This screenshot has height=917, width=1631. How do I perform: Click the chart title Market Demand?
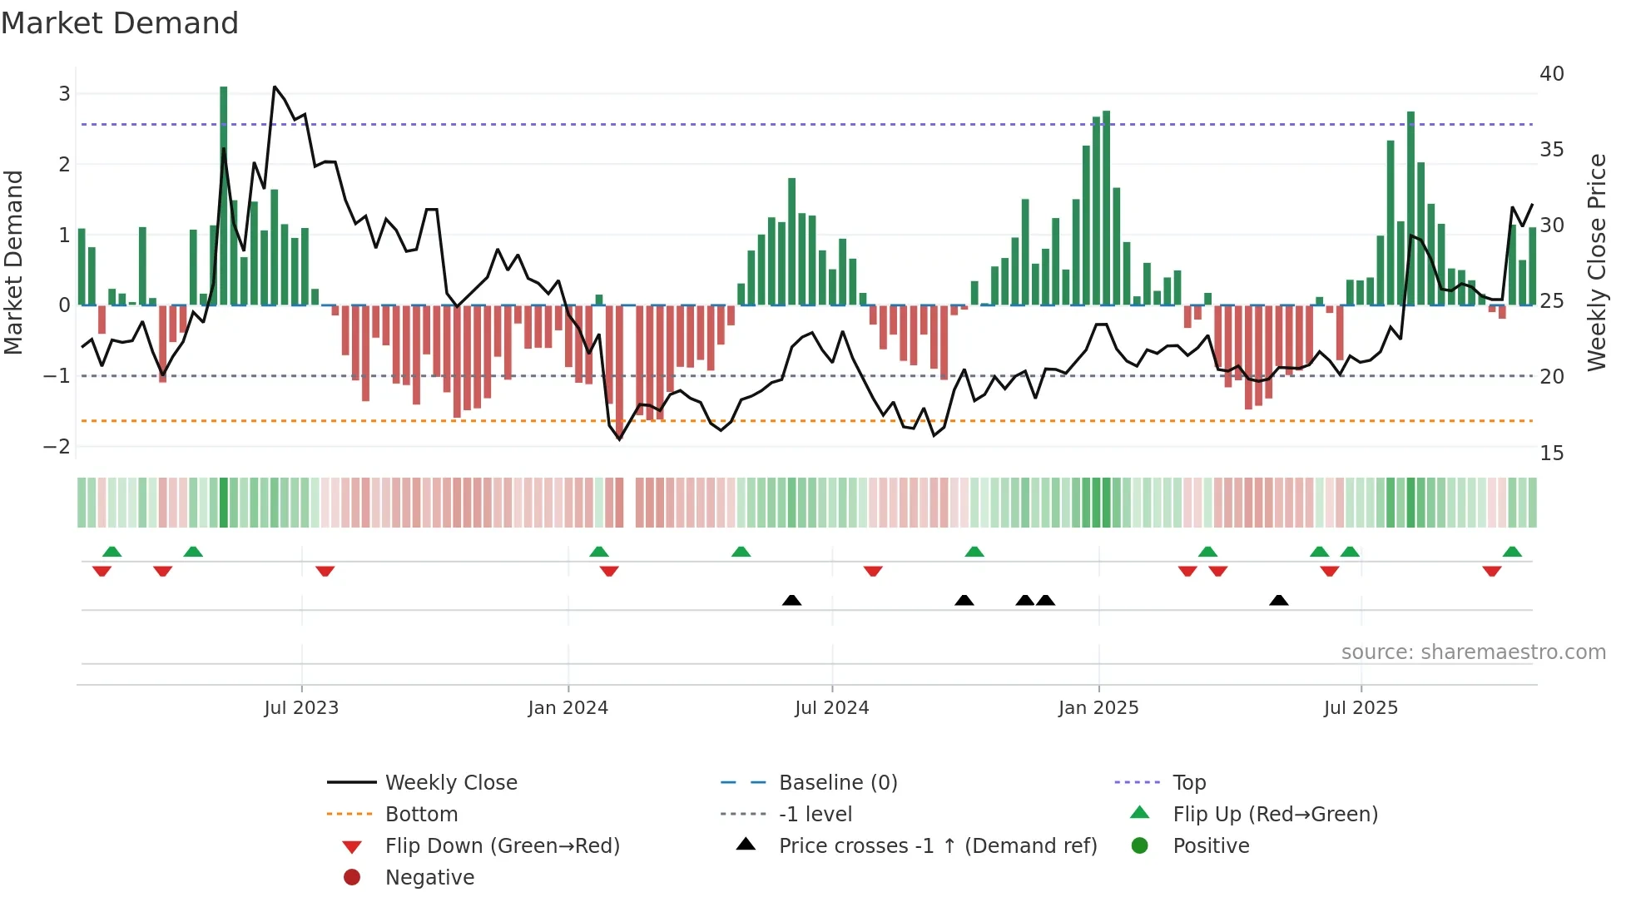[x=120, y=23]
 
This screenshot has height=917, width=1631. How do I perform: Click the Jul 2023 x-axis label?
[x=301, y=708]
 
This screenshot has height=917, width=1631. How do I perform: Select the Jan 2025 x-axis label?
[x=1098, y=708]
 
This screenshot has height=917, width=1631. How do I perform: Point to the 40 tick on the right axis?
[x=1551, y=74]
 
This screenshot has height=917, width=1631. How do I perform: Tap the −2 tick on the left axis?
[x=57, y=447]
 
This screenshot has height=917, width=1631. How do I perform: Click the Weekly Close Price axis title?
[x=1596, y=262]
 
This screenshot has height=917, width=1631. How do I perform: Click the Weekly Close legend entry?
[x=450, y=783]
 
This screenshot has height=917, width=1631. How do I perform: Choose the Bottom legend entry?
[x=421, y=815]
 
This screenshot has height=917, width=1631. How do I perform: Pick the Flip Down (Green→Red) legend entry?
[x=502, y=846]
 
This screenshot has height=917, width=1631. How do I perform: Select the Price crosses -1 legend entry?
[x=937, y=846]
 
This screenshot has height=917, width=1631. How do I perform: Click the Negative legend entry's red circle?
[x=352, y=878]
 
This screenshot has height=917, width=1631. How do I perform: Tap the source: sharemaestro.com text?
[x=1473, y=652]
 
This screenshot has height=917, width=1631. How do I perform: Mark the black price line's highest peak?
[x=275, y=87]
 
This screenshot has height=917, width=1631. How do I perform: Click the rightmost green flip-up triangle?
[x=1512, y=552]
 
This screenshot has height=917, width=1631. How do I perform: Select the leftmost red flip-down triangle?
[x=102, y=572]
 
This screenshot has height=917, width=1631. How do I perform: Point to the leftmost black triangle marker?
[x=792, y=600]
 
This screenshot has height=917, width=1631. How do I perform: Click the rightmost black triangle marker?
[x=1279, y=600]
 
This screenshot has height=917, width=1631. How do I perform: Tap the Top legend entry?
[x=1188, y=783]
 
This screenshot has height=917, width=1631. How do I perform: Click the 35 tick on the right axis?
[x=1551, y=150]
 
